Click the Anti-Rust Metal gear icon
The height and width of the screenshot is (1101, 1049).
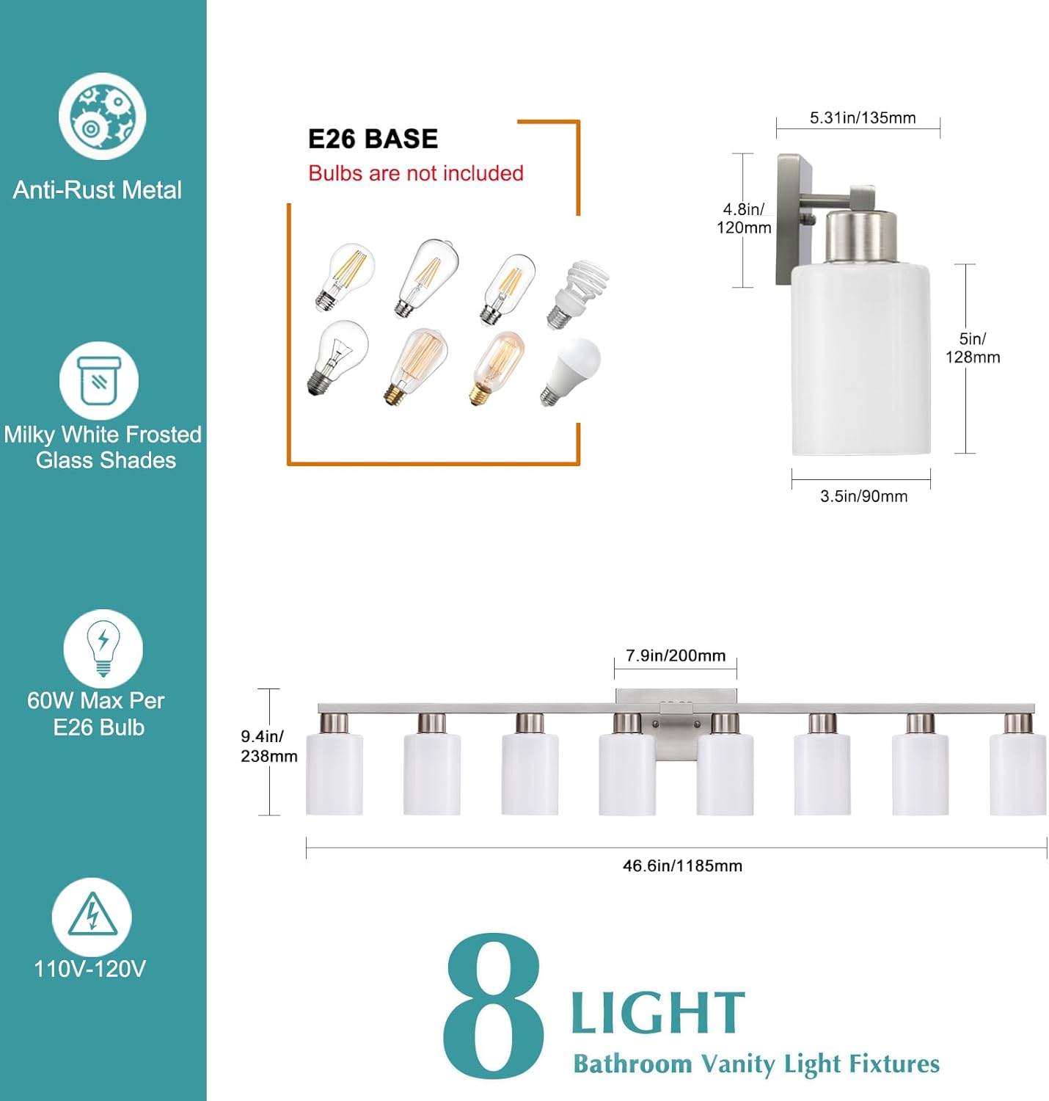click(103, 116)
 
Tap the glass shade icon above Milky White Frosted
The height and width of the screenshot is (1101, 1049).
click(99, 381)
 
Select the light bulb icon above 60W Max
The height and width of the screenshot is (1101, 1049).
click(103, 648)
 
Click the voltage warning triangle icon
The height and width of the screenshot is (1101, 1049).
click(92, 917)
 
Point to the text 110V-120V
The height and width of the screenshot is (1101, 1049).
click(89, 969)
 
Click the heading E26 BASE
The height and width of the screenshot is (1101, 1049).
click(373, 139)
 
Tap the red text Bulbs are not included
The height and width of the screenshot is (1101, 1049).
click(415, 173)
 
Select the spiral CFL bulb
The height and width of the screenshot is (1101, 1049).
click(579, 293)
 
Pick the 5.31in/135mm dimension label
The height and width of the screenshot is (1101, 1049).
click(862, 117)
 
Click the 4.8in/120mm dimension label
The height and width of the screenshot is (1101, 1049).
click(744, 219)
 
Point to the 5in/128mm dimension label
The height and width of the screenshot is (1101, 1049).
click(972, 348)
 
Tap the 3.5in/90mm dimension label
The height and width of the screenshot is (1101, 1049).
click(863, 496)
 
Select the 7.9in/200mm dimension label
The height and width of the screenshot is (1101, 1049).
click(675, 655)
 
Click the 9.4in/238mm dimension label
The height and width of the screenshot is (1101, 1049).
click(268, 746)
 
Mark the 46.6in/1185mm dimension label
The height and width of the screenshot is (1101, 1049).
click(682, 866)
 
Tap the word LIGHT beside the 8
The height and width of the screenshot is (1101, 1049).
click(657, 1013)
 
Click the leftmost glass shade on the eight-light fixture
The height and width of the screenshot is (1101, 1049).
click(335, 772)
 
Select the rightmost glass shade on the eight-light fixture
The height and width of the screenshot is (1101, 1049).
click(1017, 772)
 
